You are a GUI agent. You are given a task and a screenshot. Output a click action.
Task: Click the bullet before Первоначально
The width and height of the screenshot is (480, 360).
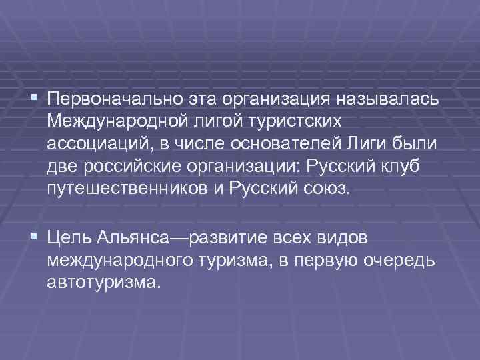(x=33, y=100)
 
